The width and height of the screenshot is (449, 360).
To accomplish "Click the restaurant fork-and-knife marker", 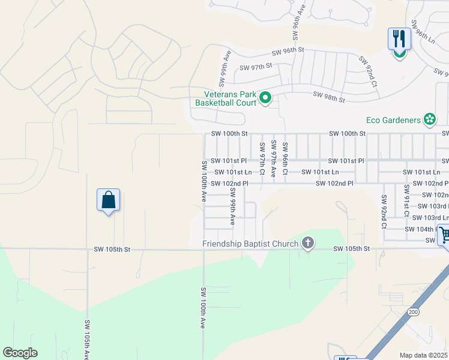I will [399, 39].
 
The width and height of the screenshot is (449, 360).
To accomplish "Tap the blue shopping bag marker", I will [108, 200].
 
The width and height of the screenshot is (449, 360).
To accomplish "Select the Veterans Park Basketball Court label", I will [226, 98].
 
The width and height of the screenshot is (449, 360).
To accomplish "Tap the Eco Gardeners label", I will [394, 120].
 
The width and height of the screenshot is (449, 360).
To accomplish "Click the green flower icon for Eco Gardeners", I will [429, 120].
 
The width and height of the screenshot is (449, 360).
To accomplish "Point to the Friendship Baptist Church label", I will [250, 244].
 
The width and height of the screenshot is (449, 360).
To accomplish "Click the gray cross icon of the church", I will [308, 243].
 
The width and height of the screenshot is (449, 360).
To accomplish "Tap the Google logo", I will [20, 353].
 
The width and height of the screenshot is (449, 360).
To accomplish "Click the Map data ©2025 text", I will [424, 355].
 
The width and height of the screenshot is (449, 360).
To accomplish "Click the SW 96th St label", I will [288, 52].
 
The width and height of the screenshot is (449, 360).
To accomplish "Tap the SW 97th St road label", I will [256, 66].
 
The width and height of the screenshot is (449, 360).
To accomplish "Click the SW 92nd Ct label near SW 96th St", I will [368, 71].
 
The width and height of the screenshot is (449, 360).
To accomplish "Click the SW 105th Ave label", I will [88, 339].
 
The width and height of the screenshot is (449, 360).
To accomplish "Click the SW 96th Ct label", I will [285, 158].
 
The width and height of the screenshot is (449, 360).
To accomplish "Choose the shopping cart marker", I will [444, 235].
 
